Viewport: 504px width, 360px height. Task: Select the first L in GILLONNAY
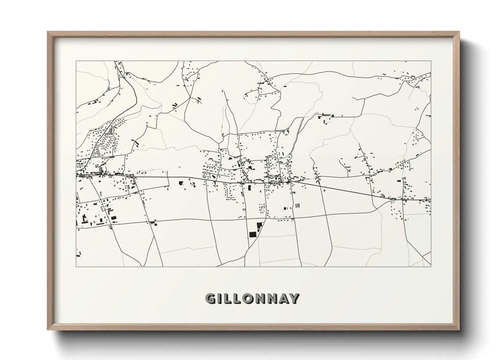pos(228,299)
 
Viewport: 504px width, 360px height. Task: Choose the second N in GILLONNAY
pos(275,299)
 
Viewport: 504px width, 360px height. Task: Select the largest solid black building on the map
pos(253,234)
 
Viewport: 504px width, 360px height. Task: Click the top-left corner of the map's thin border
pos(76,61)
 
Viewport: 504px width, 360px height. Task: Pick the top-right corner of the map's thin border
pos(431,61)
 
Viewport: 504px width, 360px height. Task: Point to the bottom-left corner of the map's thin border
pos(76,266)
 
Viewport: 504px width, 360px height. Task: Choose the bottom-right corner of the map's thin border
pos(431,266)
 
